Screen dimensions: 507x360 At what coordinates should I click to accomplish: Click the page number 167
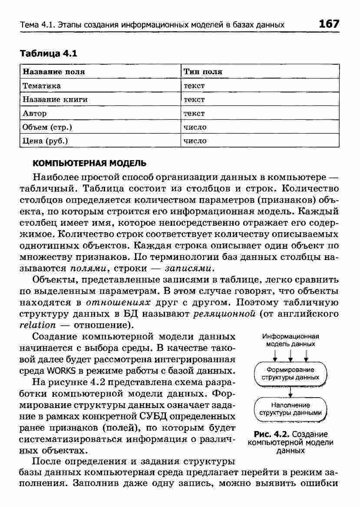coord(328,24)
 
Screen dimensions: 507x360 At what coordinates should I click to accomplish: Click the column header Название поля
coord(54,72)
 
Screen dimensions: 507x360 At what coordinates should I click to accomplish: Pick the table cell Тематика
coord(42,86)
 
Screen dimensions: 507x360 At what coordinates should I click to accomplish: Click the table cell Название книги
coord(55,99)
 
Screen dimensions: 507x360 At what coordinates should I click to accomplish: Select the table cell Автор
coord(35,113)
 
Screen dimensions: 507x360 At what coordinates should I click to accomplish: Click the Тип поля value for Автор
coord(194,113)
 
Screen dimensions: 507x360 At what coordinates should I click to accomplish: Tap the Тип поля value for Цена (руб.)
coord(195,141)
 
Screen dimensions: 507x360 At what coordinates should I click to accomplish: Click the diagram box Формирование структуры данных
coord(290,373)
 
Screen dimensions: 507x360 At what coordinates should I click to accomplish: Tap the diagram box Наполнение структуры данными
coord(290,409)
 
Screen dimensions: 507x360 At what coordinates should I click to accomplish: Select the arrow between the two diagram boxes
coord(290,391)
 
